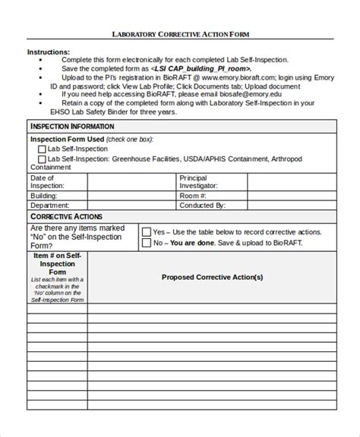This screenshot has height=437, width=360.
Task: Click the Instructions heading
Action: (49, 52)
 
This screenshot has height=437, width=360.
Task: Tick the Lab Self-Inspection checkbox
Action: (43, 149)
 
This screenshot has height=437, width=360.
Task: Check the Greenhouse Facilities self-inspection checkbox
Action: (43, 159)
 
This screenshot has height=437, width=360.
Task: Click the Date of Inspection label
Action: (47, 181)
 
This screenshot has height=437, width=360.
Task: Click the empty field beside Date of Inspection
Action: (131, 181)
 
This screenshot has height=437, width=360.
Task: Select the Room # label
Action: (194, 195)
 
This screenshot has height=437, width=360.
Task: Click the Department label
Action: (50, 205)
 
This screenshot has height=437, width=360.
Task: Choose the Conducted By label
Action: (202, 205)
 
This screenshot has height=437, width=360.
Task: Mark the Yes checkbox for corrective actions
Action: (147, 231)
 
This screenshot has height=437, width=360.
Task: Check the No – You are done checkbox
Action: (147, 244)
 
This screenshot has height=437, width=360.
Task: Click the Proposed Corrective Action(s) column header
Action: (212, 277)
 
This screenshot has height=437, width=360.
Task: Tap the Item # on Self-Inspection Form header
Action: (58, 263)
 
